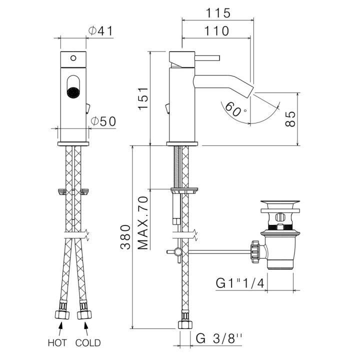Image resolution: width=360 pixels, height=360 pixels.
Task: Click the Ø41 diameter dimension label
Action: point(100,31)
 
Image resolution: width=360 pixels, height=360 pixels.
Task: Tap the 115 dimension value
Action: point(216,12)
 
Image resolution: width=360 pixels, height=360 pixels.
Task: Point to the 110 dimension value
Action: point(216,31)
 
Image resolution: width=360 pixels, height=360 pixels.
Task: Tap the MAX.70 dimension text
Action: point(143,221)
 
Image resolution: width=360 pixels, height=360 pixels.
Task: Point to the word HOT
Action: point(57,343)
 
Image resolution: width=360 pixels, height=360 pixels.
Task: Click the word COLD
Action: point(88,343)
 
